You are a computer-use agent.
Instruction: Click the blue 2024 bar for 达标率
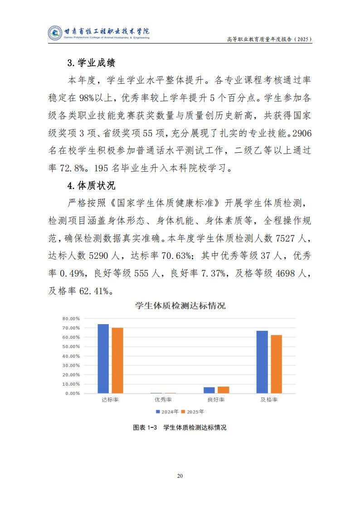(103, 359)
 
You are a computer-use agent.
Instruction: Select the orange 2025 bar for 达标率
(117, 360)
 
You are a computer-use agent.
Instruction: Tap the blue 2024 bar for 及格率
(262, 362)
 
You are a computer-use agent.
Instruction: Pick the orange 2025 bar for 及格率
(277, 364)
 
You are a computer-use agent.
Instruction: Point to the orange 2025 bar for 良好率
(224, 390)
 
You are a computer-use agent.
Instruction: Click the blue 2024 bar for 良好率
(209, 390)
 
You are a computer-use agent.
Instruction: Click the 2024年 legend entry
(166, 412)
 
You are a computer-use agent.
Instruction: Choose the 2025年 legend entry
(193, 412)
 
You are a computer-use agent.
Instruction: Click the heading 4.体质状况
(91, 185)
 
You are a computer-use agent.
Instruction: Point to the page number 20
(180, 476)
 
